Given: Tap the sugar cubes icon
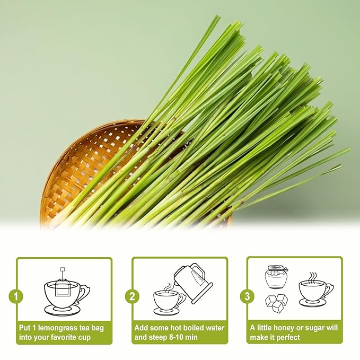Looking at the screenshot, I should coord(276,301).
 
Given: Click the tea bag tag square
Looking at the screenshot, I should coord(62,269).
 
